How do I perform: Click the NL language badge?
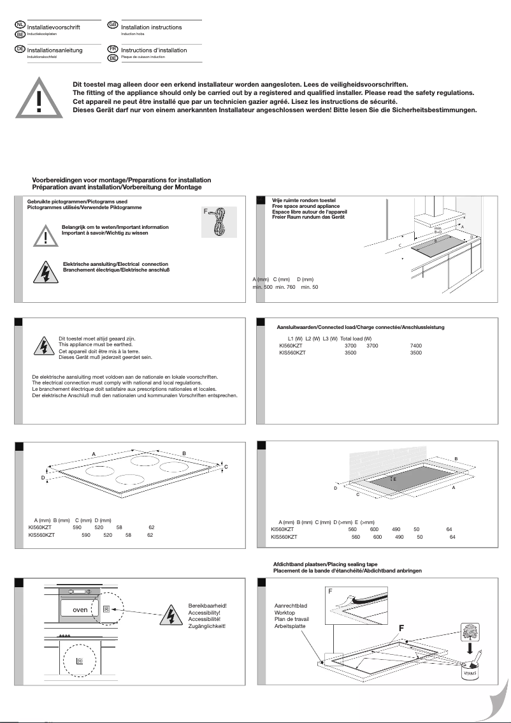20,24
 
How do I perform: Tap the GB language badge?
113,24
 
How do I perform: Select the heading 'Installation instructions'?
151,27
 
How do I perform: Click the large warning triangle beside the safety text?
39,98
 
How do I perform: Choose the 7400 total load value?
415,346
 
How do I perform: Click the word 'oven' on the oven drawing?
80,610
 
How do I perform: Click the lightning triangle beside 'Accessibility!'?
170,615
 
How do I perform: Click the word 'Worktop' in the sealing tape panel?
285,612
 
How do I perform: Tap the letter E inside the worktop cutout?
394,478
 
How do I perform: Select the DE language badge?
20,48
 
